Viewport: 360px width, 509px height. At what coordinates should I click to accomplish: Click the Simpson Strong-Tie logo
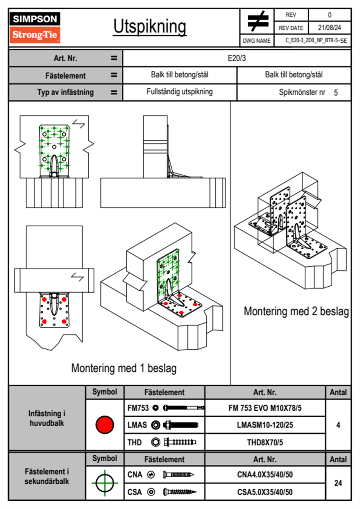(35, 27)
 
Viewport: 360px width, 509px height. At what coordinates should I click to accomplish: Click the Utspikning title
(150, 27)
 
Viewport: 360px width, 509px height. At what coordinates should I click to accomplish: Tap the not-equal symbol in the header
(257, 21)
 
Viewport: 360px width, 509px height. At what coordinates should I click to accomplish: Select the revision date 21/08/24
(329, 28)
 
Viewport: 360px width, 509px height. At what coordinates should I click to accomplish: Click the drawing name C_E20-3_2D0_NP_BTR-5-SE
(316, 41)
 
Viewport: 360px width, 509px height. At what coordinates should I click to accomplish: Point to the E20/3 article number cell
(237, 58)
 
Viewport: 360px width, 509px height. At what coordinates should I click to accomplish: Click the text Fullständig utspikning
(179, 92)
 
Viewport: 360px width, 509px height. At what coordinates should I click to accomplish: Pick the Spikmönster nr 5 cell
(308, 92)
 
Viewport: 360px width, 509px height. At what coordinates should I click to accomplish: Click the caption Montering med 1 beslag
(124, 368)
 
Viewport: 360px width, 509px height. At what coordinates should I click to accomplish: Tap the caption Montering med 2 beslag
(296, 311)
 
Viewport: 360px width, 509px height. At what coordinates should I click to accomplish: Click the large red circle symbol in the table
(105, 425)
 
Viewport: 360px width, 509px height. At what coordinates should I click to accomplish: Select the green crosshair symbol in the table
(105, 483)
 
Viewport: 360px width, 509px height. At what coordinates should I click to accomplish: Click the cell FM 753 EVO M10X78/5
(265, 408)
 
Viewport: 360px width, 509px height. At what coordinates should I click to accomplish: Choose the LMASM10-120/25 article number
(265, 425)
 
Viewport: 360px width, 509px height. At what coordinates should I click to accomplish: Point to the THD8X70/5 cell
(265, 442)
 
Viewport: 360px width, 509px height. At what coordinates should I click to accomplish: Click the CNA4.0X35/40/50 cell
(265, 475)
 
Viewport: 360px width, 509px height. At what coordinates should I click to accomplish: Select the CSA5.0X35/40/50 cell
(265, 492)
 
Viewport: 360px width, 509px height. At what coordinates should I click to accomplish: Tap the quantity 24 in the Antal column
(338, 483)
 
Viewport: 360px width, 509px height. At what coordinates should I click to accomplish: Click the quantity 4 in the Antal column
(338, 425)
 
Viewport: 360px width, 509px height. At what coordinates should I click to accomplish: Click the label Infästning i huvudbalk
(47, 418)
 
